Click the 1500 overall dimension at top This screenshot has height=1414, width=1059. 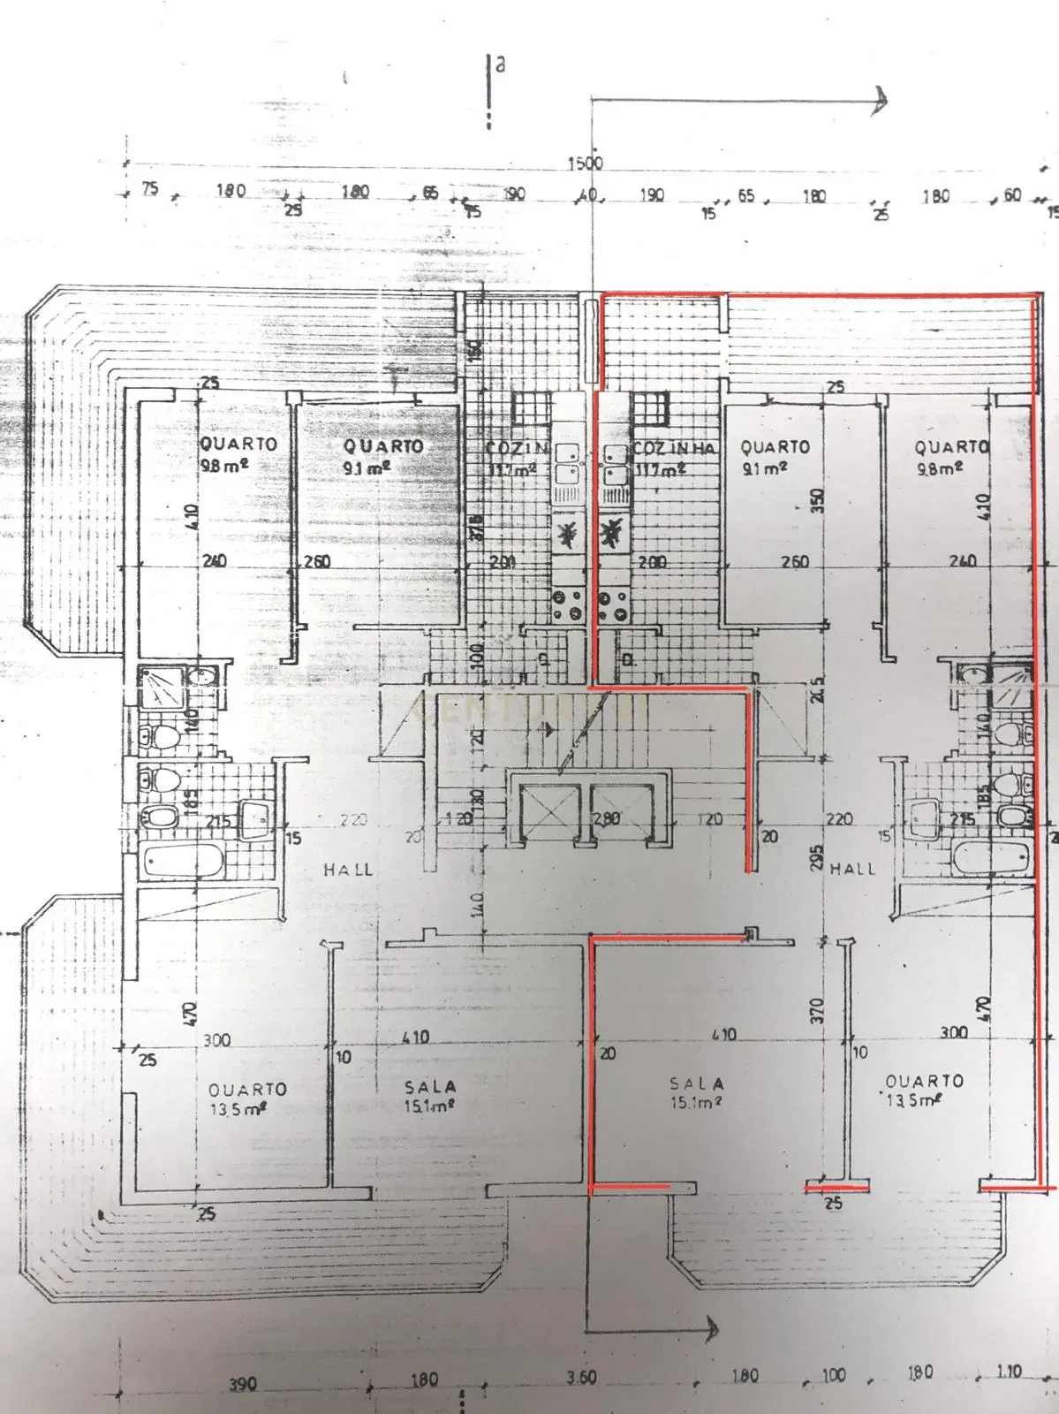585,163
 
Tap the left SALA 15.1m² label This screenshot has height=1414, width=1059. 430,1095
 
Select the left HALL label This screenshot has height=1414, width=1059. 348,870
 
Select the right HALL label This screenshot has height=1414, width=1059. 852,869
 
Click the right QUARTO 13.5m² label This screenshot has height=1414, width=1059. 924,1090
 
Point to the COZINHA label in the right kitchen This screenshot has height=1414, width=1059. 672,449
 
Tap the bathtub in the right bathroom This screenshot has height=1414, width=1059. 993,856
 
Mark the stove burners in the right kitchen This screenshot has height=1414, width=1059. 614,605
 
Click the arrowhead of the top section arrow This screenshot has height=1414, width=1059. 880,100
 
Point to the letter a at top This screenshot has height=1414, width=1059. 500,65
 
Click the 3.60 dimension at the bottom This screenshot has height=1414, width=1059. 582,1377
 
